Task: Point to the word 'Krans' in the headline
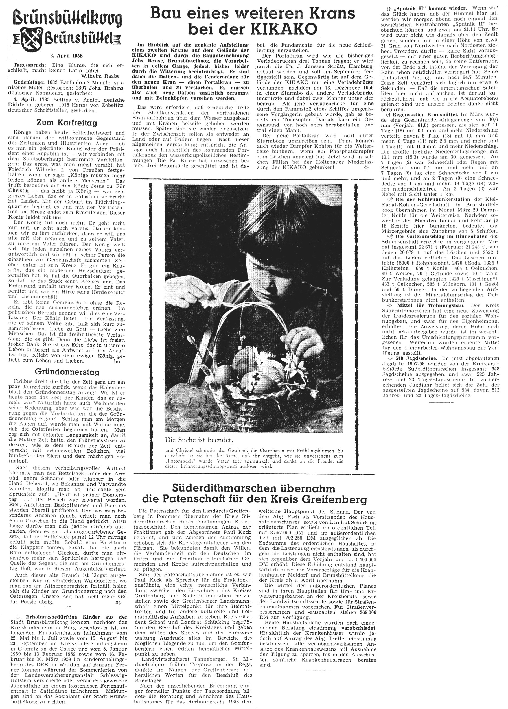(330, 14)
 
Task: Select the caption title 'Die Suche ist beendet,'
(199, 440)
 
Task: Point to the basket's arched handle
(250, 313)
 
